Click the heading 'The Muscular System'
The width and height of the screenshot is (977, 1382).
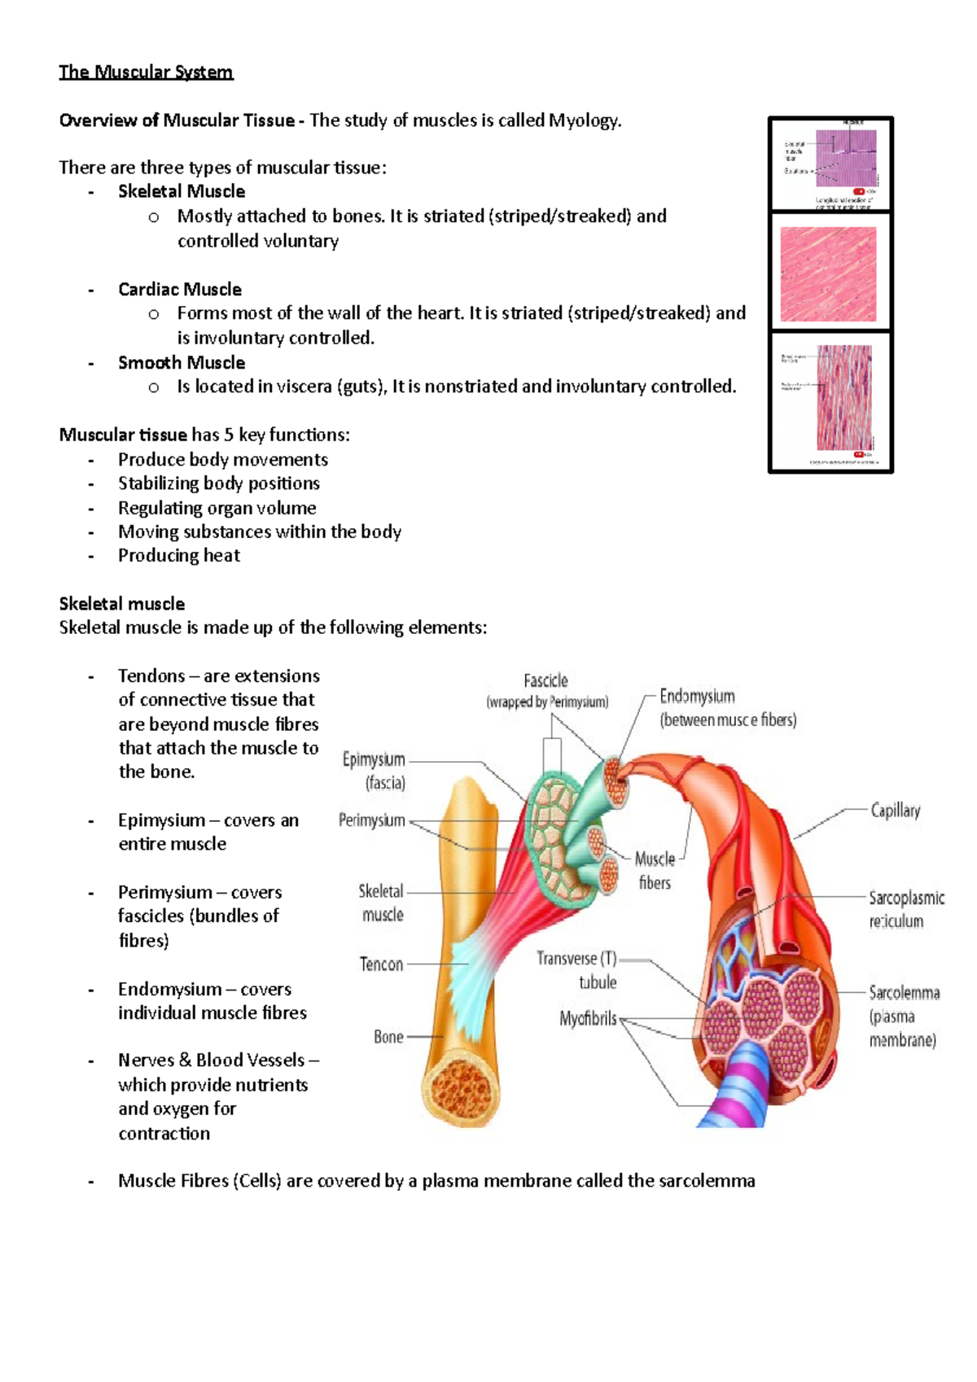point(146,72)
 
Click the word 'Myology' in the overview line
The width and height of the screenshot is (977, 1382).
point(583,120)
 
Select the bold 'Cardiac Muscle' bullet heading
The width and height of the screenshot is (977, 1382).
point(179,289)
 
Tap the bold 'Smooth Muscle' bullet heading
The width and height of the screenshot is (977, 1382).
point(181,362)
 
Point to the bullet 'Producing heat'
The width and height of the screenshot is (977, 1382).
point(178,555)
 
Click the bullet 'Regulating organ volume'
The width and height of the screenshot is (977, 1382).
point(217,508)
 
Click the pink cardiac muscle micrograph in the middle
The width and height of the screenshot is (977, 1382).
point(828,273)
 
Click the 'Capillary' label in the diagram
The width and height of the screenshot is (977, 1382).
point(895,810)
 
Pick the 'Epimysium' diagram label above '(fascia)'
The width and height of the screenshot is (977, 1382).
point(374,759)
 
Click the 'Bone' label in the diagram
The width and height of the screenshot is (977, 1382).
point(388,1037)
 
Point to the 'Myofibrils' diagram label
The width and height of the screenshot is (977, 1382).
point(588,1018)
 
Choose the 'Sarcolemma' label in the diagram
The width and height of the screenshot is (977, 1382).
point(904,992)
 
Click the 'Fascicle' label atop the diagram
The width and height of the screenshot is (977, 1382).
point(545,680)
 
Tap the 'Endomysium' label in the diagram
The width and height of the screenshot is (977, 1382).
point(697,696)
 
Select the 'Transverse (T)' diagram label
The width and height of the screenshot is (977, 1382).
point(576,959)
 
